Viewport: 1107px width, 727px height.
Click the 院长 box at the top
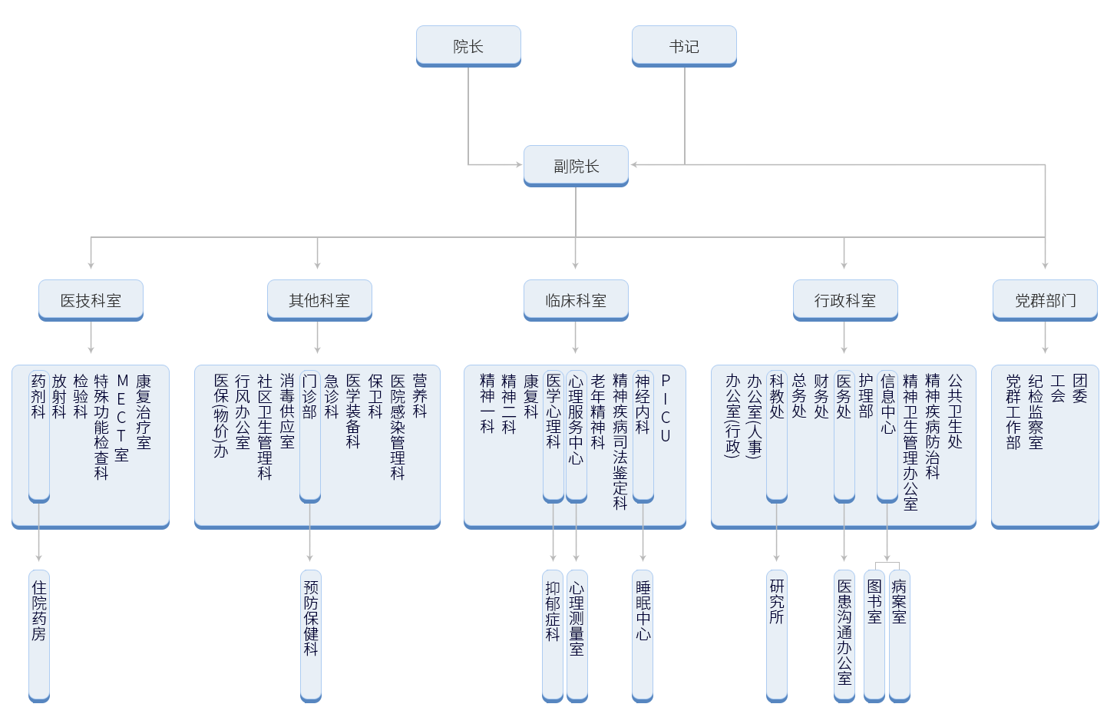pos(468,46)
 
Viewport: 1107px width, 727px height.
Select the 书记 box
pos(684,46)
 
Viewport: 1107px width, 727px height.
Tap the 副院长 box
pos(576,166)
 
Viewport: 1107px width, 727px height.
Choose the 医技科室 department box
pos(91,300)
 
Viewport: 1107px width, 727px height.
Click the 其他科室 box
pos(319,300)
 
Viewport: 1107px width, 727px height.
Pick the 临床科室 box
pos(576,300)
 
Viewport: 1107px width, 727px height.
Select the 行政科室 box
pos(845,300)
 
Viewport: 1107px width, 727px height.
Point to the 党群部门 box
pos(1045,300)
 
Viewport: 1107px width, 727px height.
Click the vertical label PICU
pos(666,408)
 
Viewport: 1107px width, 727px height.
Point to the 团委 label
pos(1080,388)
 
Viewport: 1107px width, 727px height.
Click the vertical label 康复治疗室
pos(144,411)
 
